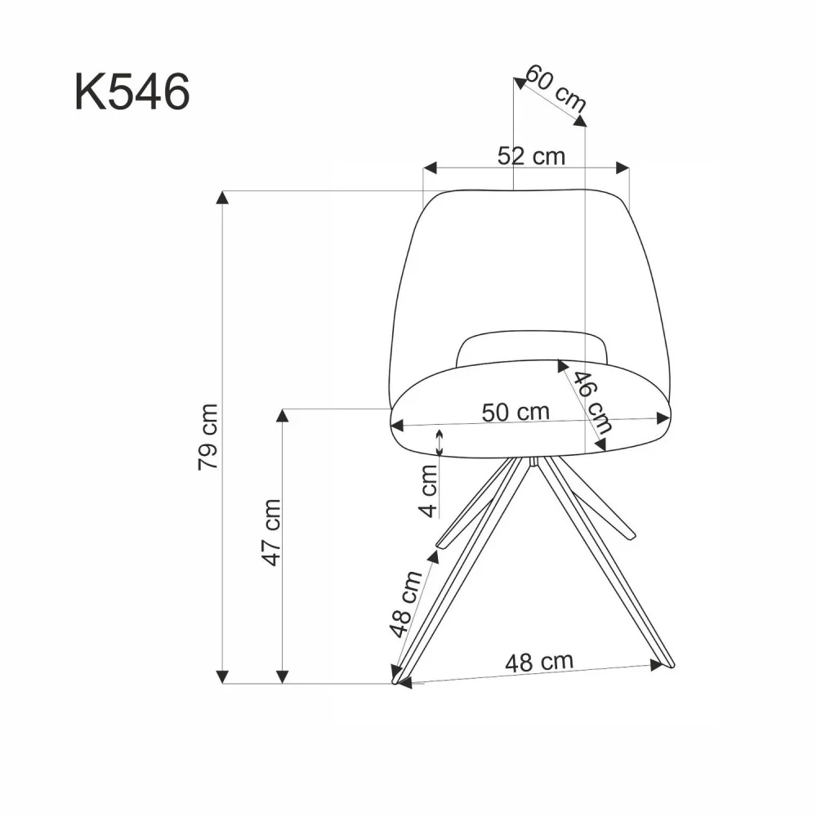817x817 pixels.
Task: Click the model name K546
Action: [x=132, y=92]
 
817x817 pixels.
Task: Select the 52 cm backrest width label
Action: [x=531, y=155]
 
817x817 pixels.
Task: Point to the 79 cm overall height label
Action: [x=208, y=436]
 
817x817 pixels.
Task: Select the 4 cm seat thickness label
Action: [x=428, y=489]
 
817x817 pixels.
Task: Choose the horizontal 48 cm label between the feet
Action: [x=538, y=662]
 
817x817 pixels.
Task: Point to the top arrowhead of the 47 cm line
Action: [x=282, y=415]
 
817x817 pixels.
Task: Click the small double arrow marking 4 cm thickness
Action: [x=440, y=442]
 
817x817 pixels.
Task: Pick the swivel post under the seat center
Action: [x=533, y=462]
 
